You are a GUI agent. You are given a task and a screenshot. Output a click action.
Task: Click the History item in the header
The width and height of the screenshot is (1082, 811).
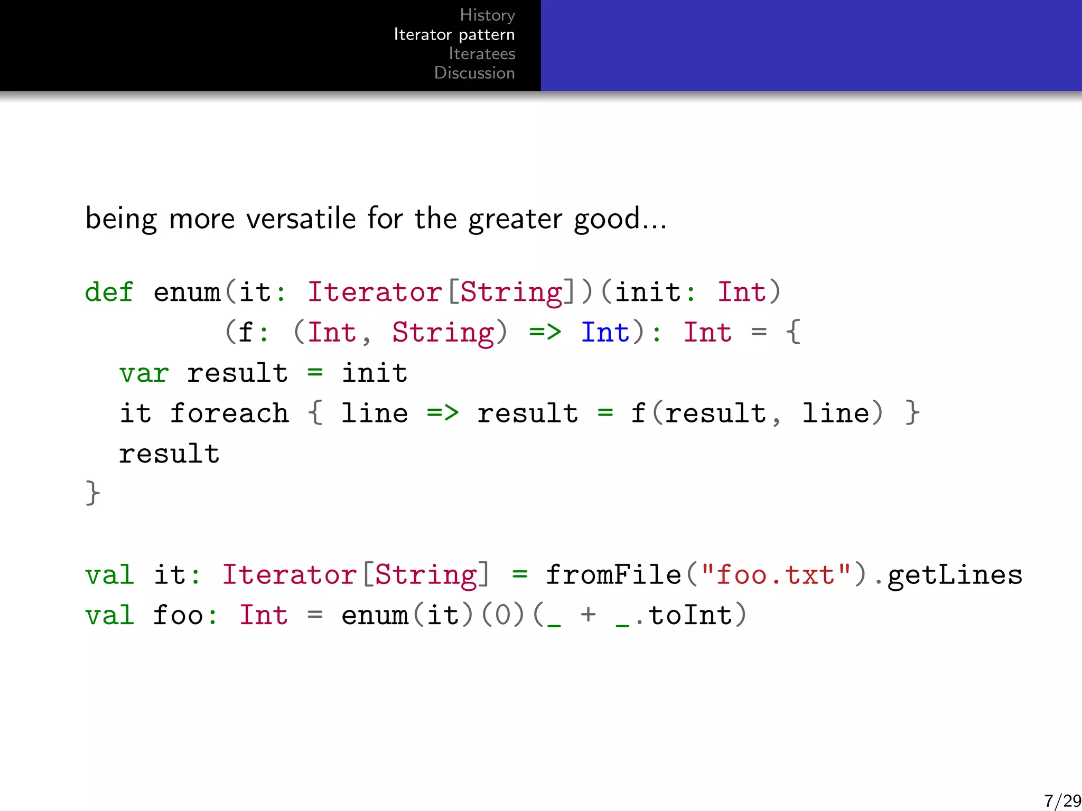click(487, 15)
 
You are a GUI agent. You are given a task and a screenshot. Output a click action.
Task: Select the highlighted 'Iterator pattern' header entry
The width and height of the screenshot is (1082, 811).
click(454, 35)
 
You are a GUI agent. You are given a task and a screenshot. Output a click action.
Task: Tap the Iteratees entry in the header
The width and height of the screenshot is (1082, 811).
click(482, 54)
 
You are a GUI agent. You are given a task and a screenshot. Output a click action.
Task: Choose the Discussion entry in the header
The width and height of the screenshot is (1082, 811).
click(474, 73)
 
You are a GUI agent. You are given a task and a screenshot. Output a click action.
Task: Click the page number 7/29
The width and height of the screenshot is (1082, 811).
click(1062, 800)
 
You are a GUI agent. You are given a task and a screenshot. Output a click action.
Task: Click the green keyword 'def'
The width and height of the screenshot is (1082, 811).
click(109, 292)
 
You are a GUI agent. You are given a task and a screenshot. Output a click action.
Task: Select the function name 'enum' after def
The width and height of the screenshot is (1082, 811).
click(186, 292)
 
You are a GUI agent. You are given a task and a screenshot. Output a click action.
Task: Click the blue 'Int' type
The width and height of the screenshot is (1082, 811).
click(605, 333)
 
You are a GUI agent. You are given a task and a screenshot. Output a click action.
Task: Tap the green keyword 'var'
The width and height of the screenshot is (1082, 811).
click(144, 373)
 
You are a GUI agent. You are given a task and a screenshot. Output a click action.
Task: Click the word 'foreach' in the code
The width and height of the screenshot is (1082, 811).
click(229, 413)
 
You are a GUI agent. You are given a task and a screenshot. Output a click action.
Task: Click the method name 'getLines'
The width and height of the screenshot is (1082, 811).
click(955, 575)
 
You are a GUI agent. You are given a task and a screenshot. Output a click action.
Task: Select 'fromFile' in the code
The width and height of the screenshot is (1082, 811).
click(613, 575)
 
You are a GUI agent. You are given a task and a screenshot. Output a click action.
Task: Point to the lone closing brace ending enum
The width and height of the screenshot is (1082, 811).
click(92, 493)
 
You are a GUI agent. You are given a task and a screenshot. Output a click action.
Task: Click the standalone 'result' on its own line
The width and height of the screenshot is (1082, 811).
click(169, 454)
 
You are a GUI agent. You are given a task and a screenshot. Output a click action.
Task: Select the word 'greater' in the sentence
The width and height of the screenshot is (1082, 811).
click(515, 219)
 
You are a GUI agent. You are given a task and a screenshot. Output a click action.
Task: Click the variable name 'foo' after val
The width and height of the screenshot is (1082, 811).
click(178, 615)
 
